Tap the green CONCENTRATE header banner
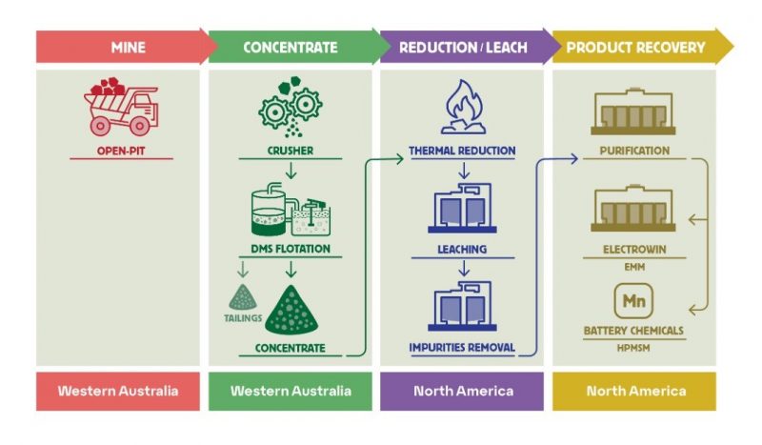(x=291, y=47)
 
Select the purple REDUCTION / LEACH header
(x=461, y=47)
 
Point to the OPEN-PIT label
(x=120, y=151)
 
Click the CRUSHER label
(x=290, y=151)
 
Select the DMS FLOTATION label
(x=290, y=249)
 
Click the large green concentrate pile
(x=291, y=310)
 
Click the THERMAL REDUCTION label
(x=462, y=151)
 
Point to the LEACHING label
(x=462, y=249)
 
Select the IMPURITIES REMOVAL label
(x=462, y=347)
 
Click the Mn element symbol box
(x=633, y=301)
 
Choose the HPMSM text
(x=633, y=345)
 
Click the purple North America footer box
(x=462, y=391)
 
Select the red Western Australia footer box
(x=118, y=391)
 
